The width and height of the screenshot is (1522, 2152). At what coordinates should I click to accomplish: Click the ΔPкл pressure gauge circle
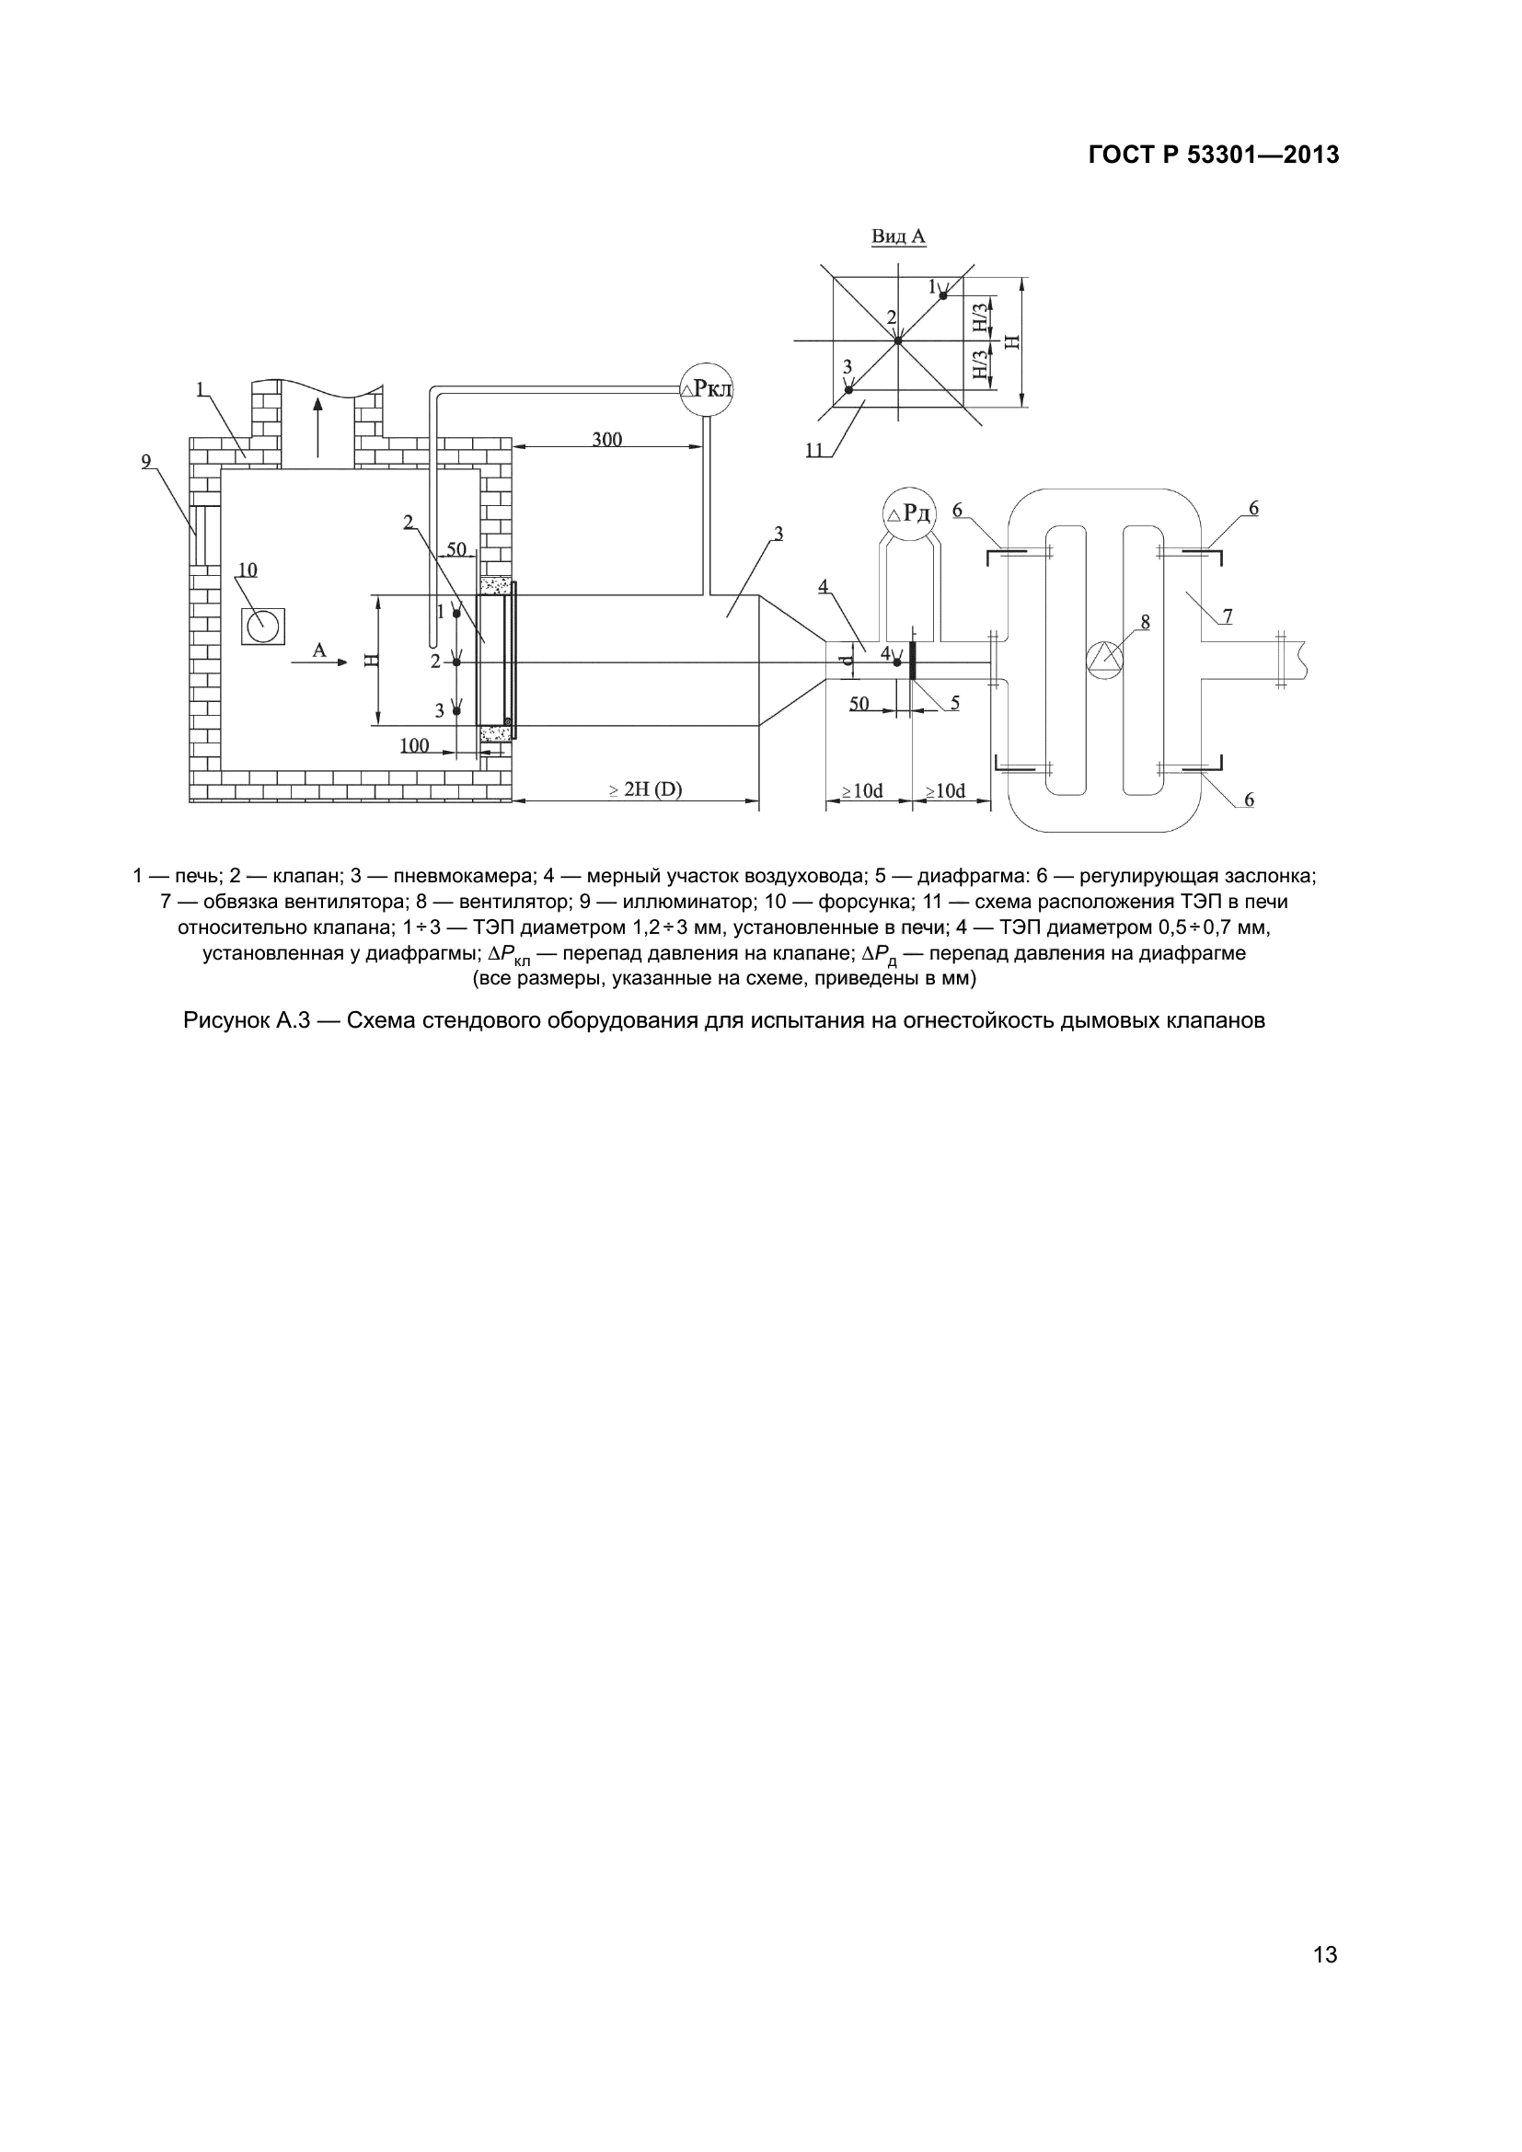(707, 389)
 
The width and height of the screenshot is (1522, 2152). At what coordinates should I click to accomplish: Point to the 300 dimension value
(606, 439)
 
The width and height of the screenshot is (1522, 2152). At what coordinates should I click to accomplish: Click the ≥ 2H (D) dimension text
(646, 790)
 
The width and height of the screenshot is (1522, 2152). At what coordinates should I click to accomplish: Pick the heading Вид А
(898, 236)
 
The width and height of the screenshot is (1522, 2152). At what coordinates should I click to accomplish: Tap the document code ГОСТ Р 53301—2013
(1214, 155)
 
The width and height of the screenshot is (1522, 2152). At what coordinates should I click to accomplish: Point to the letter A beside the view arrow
(318, 650)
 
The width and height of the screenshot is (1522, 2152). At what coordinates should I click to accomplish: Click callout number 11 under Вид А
(813, 451)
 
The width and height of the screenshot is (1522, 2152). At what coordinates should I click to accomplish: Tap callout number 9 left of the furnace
(146, 461)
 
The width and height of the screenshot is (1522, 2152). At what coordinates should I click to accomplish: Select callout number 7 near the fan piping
(1227, 616)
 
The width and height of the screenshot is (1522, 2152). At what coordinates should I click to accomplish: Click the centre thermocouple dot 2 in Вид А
(897, 340)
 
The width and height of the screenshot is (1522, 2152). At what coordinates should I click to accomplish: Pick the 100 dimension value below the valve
(414, 745)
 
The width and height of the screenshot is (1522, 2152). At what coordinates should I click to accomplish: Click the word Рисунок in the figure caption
(224, 1020)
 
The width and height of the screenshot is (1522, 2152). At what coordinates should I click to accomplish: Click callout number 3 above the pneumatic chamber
(778, 534)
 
